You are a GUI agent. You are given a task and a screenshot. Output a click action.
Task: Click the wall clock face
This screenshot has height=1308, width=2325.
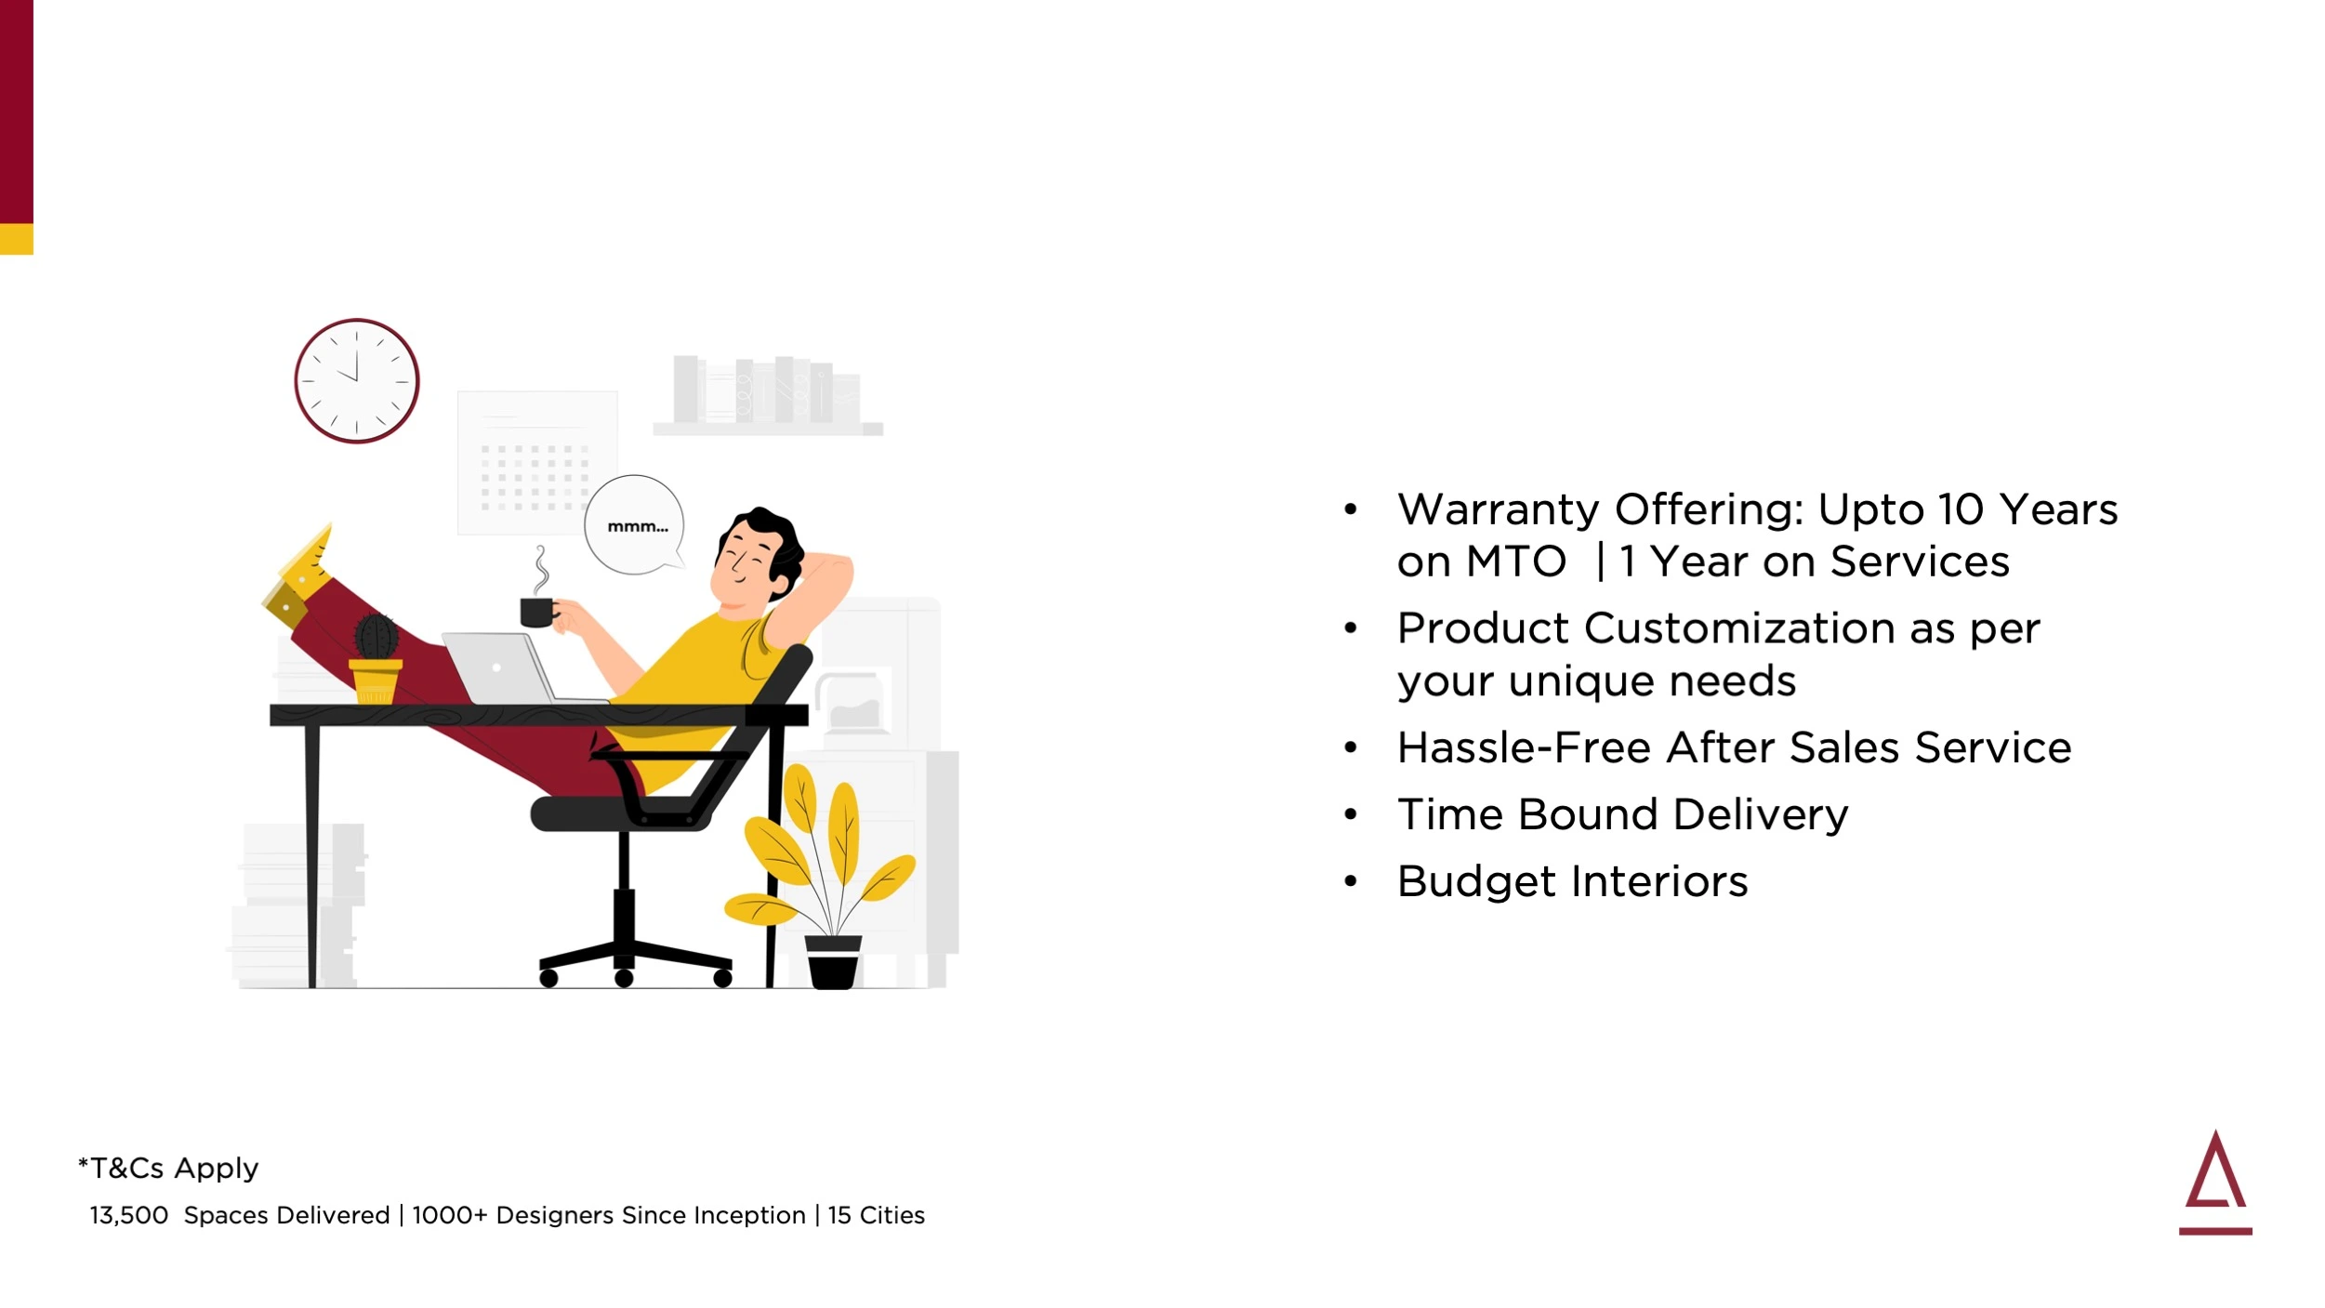[x=357, y=381]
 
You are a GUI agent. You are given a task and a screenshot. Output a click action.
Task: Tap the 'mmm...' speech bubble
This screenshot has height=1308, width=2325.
[x=635, y=525]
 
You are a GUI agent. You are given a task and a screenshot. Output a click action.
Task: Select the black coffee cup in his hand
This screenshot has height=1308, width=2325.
[x=538, y=613]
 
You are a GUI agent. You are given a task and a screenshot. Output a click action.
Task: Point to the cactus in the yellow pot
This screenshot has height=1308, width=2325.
[x=376, y=637]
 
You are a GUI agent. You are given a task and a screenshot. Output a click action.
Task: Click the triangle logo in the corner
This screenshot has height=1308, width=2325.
[x=2215, y=1182]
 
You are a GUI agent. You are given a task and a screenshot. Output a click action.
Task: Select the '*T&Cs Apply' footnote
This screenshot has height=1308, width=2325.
[x=168, y=1168]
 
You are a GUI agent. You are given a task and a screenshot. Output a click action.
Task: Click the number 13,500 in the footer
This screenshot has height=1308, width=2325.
[x=128, y=1215]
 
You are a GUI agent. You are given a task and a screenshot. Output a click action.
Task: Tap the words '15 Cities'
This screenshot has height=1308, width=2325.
[x=877, y=1215]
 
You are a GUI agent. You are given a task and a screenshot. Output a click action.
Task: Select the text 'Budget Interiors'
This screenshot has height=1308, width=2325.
[x=1573, y=881]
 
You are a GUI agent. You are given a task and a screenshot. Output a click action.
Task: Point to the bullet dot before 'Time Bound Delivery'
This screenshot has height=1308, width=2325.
[x=1351, y=814]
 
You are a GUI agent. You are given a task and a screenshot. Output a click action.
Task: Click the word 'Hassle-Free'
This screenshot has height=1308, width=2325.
[x=1525, y=747]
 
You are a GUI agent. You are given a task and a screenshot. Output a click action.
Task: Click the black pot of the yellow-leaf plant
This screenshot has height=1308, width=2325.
[x=833, y=962]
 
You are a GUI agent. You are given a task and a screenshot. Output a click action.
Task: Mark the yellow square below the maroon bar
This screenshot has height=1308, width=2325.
[x=17, y=239]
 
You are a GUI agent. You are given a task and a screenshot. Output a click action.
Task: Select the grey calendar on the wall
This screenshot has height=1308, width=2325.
[x=537, y=462]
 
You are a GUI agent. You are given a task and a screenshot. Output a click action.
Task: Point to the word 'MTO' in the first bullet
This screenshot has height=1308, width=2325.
[x=1516, y=562]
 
